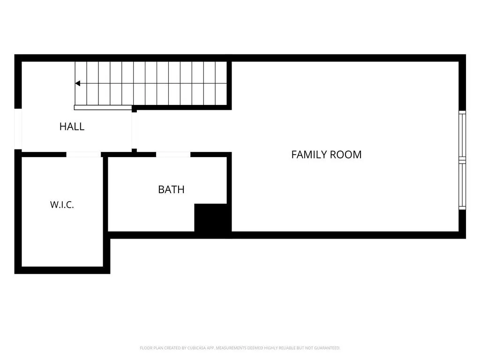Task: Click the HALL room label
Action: [x=72, y=127]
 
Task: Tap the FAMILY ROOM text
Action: [x=326, y=155]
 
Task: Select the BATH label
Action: [x=171, y=189]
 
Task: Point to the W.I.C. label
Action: [x=62, y=205]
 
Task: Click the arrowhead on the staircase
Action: [x=78, y=83]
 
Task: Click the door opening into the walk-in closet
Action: [x=83, y=155]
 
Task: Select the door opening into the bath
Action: [x=173, y=155]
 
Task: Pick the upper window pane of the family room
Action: [x=462, y=135]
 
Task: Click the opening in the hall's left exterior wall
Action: [x=18, y=129]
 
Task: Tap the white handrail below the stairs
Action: [x=103, y=108]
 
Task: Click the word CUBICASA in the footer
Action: [x=196, y=348]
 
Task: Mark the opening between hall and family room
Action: [x=135, y=131]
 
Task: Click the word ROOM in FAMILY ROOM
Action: [x=348, y=155]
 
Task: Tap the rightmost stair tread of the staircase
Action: [x=221, y=83]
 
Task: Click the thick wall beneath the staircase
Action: [x=182, y=107]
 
